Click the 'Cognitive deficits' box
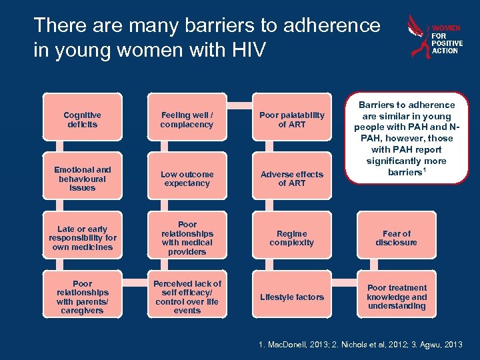(82, 120)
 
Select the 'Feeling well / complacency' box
(187, 120)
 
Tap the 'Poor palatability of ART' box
(291, 120)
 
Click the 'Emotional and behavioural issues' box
(82, 179)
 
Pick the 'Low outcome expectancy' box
(187, 179)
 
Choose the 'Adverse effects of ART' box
(291, 179)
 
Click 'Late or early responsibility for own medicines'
(82, 238)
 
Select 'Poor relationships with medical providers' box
(187, 238)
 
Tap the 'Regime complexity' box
(291, 238)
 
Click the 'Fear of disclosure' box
(397, 238)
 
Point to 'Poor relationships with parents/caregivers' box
(82, 297)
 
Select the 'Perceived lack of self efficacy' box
(187, 297)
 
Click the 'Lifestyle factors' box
(291, 297)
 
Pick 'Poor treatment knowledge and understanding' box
(397, 297)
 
